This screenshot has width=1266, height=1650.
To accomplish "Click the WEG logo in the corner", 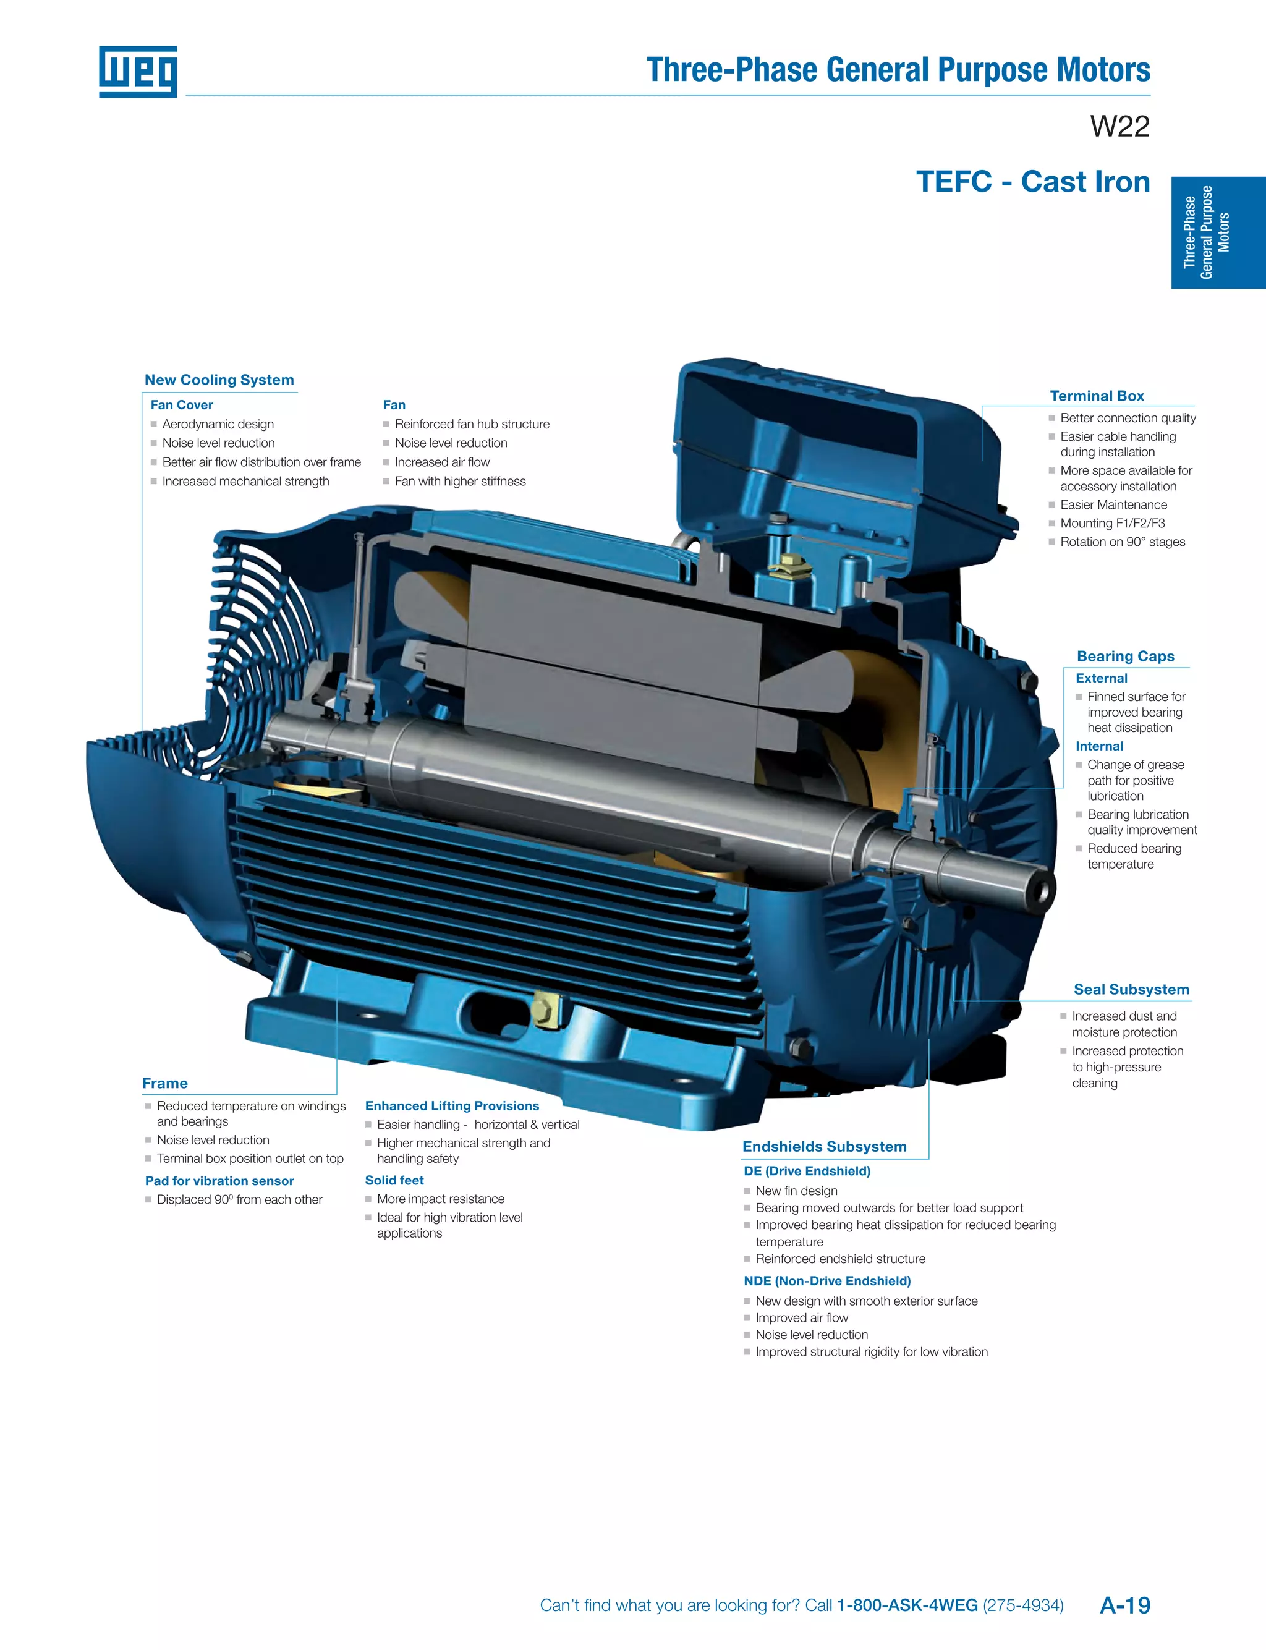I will [138, 72].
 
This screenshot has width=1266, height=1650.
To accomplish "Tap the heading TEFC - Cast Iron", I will [1032, 182].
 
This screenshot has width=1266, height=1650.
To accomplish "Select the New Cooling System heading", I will [219, 380].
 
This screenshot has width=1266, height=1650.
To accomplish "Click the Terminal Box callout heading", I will [1097, 396].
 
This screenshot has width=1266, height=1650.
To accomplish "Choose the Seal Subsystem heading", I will [1131, 989].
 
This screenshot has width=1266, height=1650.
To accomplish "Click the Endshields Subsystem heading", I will [825, 1146].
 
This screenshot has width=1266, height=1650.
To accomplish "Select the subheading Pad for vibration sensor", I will [219, 1181].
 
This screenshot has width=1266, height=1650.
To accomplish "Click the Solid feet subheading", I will [394, 1180].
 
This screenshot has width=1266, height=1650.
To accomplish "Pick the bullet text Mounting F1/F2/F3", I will [1112, 523].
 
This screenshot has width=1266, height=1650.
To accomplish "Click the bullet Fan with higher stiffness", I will [460, 481].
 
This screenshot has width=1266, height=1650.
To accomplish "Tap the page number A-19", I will [1124, 1605].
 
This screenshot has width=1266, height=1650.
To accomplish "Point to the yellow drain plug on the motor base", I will [542, 1010].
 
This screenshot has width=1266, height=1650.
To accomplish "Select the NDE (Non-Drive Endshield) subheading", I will [826, 1281].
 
